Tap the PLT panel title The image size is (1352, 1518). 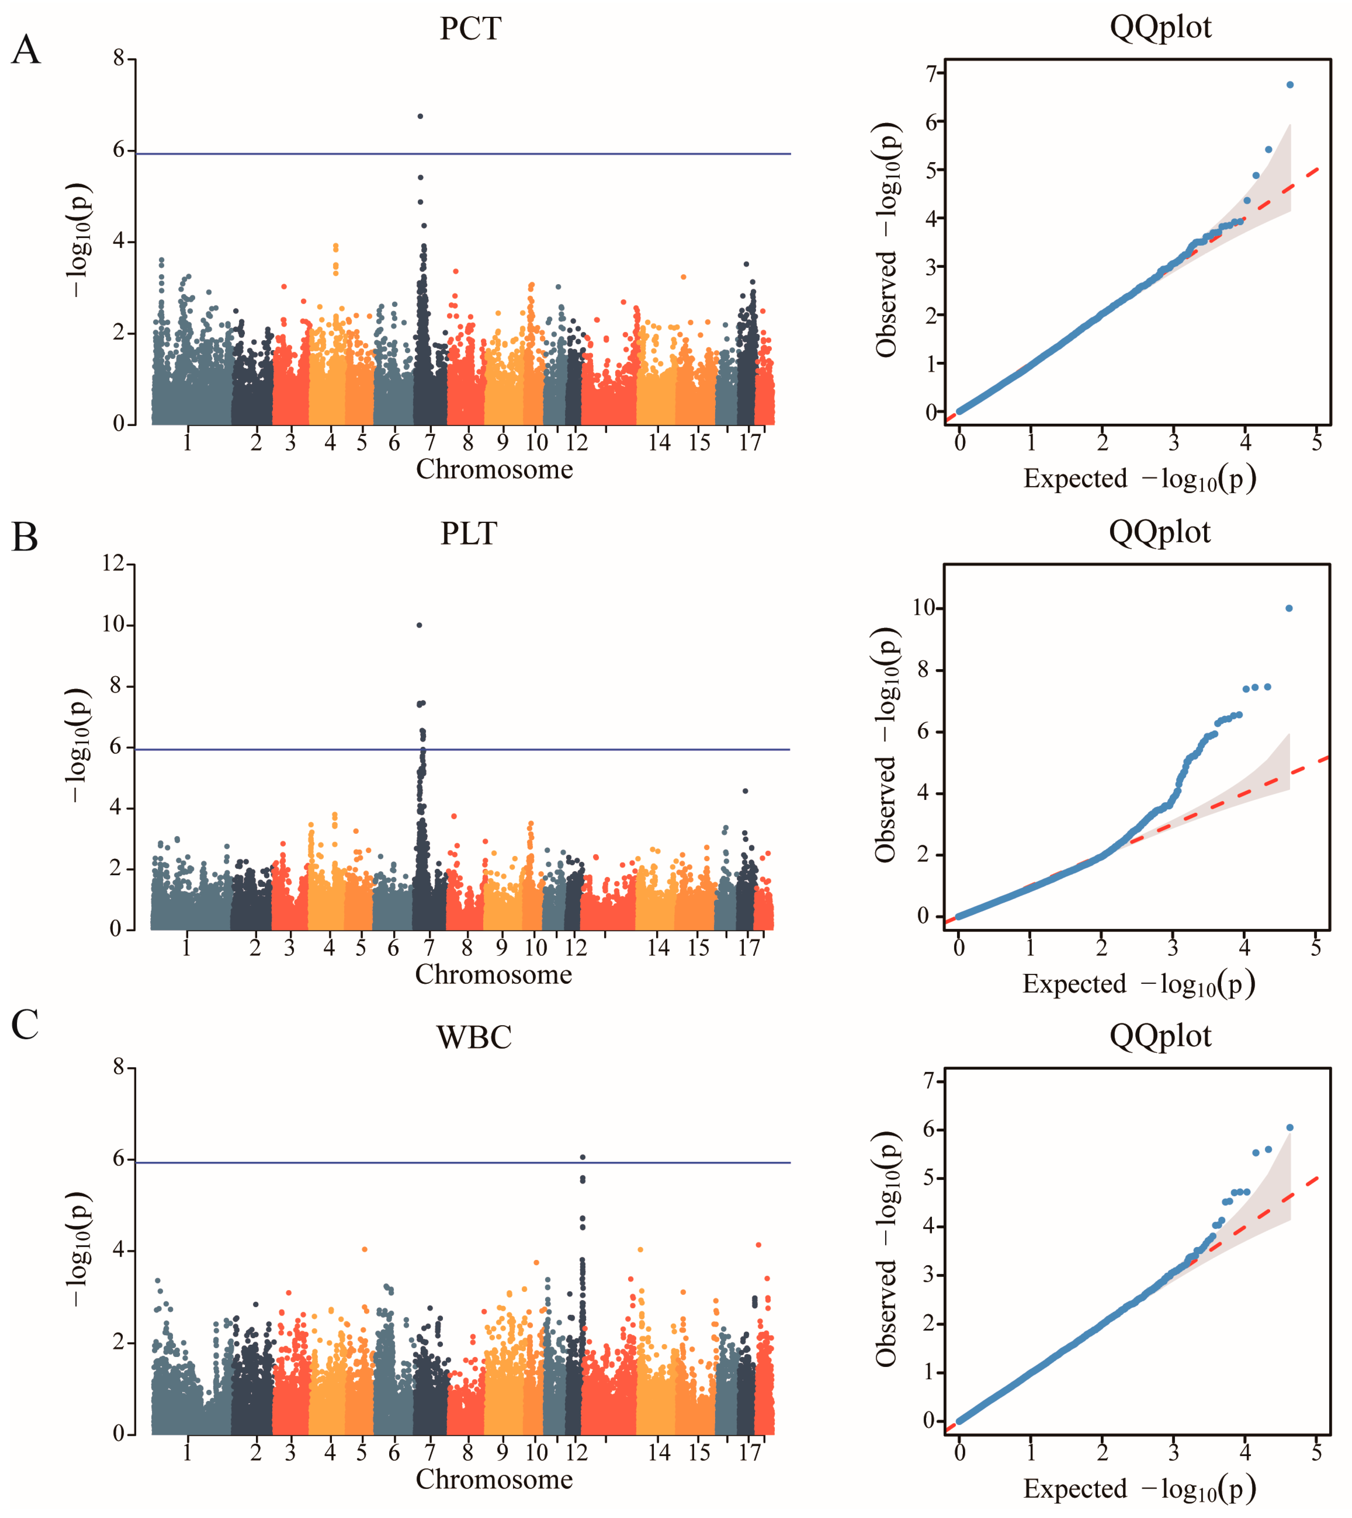coord(469,533)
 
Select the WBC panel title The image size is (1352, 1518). coord(474,1037)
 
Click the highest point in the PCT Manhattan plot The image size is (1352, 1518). coord(420,116)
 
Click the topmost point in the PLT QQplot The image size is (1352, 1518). coord(1289,609)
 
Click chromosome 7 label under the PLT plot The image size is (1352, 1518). coord(429,947)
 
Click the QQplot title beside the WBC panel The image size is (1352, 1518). coord(1160,1036)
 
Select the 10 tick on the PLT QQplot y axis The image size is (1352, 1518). coord(923,608)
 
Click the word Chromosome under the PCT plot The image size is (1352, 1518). coord(494,470)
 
